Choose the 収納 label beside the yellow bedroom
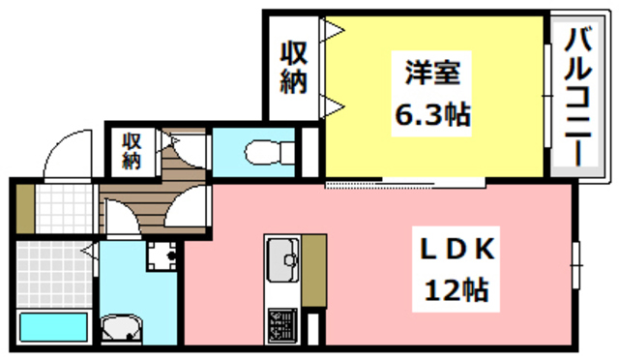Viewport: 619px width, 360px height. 294,67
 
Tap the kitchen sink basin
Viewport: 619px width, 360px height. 282,257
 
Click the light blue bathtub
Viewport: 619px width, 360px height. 54,328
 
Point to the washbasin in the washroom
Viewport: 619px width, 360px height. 120,329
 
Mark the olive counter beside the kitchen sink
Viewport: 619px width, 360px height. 314,271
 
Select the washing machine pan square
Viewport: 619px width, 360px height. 162,255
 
